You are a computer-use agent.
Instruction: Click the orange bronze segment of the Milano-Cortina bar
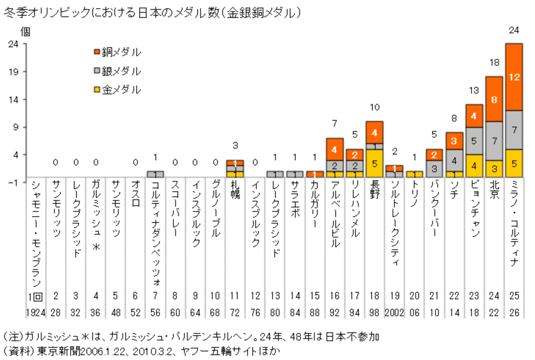514,77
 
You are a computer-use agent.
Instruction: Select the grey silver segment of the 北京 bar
494,141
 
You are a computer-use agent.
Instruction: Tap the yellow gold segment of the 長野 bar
374,163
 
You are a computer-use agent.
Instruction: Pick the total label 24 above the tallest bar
514,30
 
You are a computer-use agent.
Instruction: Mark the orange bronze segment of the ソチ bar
454,141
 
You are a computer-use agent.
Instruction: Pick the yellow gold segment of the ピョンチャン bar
474,166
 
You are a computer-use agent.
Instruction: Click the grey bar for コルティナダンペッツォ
155,174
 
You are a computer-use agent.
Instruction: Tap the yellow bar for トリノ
414,174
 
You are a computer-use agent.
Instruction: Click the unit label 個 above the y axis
24,32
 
